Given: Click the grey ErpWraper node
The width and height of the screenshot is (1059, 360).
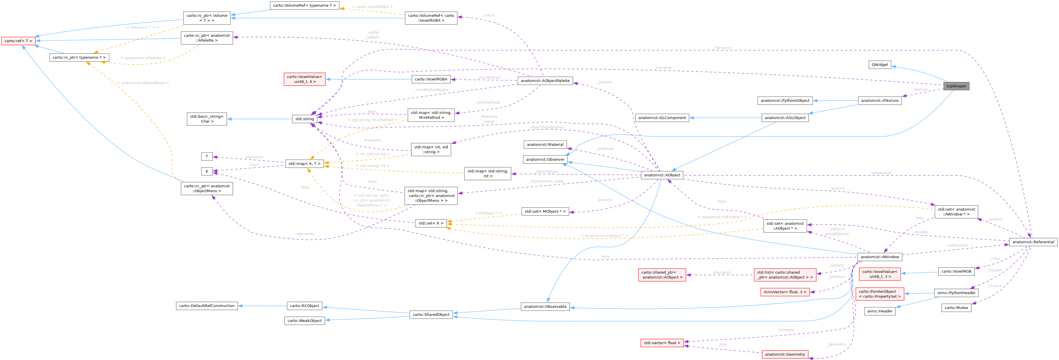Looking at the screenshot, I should (956, 86).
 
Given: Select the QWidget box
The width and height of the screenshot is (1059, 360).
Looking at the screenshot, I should (880, 64).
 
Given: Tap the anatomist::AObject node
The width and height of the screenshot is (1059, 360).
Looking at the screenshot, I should (662, 175).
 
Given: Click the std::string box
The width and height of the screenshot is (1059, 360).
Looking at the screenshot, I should (304, 119).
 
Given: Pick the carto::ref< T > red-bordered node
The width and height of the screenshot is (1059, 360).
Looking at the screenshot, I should (18, 41).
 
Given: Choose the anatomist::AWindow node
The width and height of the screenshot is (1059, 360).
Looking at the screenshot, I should (880, 257).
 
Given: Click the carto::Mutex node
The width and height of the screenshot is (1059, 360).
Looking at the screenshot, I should (956, 307).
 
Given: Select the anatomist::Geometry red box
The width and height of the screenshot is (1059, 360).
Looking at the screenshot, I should (785, 354).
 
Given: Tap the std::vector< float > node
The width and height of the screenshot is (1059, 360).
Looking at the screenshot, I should (662, 343).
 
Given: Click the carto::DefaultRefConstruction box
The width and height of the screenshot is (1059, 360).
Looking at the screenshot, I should (207, 306).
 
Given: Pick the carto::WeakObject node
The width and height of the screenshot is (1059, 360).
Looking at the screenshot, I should (304, 320).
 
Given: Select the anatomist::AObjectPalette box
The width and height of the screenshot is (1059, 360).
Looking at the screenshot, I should (545, 81).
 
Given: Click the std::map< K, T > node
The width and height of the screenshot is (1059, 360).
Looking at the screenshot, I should (304, 164).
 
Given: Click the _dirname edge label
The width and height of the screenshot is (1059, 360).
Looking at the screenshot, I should (663, 67).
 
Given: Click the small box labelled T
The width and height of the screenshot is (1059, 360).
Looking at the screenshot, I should (207, 156).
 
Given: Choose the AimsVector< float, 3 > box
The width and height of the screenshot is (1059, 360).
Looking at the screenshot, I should (785, 292).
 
